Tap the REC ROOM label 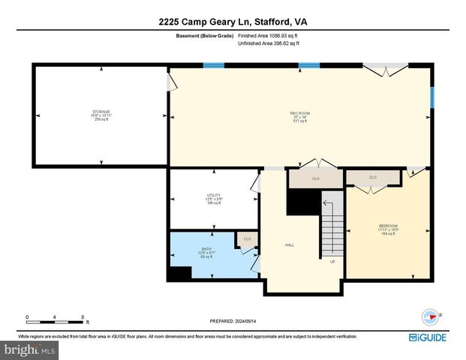click(x=300, y=113)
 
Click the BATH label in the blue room click(x=206, y=249)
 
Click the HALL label click(x=289, y=245)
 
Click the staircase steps click(x=332, y=225)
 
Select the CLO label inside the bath click(x=247, y=240)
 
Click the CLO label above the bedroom click(x=373, y=178)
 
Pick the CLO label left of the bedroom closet click(x=316, y=179)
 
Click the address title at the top click(x=233, y=22)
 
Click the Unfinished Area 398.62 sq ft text click(x=269, y=43)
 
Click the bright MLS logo click(x=30, y=349)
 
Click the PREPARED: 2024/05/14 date click(x=233, y=320)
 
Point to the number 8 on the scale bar click(x=82, y=316)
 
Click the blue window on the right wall click(x=431, y=98)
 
